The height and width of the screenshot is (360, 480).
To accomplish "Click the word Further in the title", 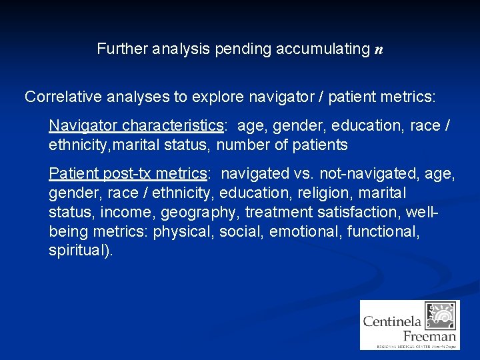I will (x=119, y=49).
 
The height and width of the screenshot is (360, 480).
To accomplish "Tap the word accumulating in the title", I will (x=321, y=49).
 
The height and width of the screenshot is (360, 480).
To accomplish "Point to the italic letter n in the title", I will (x=379, y=49).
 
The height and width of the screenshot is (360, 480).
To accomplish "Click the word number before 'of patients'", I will (x=242, y=145).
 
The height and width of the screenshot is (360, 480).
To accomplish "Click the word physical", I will (x=179, y=231).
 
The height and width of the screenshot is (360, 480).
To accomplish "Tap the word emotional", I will (x=301, y=231).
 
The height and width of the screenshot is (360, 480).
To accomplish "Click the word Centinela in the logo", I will (x=393, y=321).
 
